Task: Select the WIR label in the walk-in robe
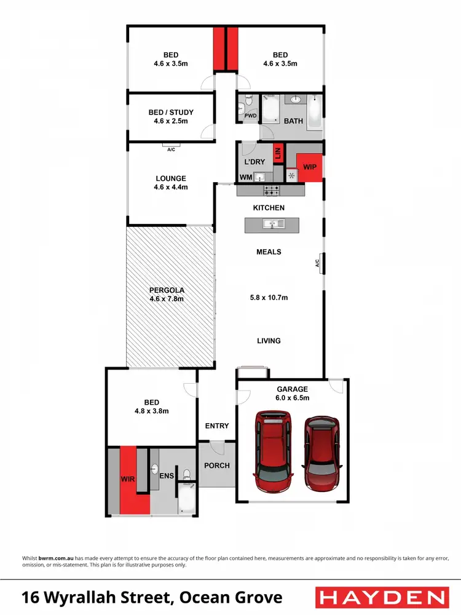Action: click(128, 477)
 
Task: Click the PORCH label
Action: click(216, 466)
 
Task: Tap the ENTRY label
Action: click(216, 426)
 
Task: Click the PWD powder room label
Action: click(250, 115)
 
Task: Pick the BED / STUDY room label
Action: click(171, 117)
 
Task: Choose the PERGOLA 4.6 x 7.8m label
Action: click(167, 295)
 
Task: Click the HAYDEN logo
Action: click(380, 597)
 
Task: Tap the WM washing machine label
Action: click(246, 177)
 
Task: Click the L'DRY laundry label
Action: click(254, 162)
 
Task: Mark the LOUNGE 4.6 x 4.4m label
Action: click(171, 183)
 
